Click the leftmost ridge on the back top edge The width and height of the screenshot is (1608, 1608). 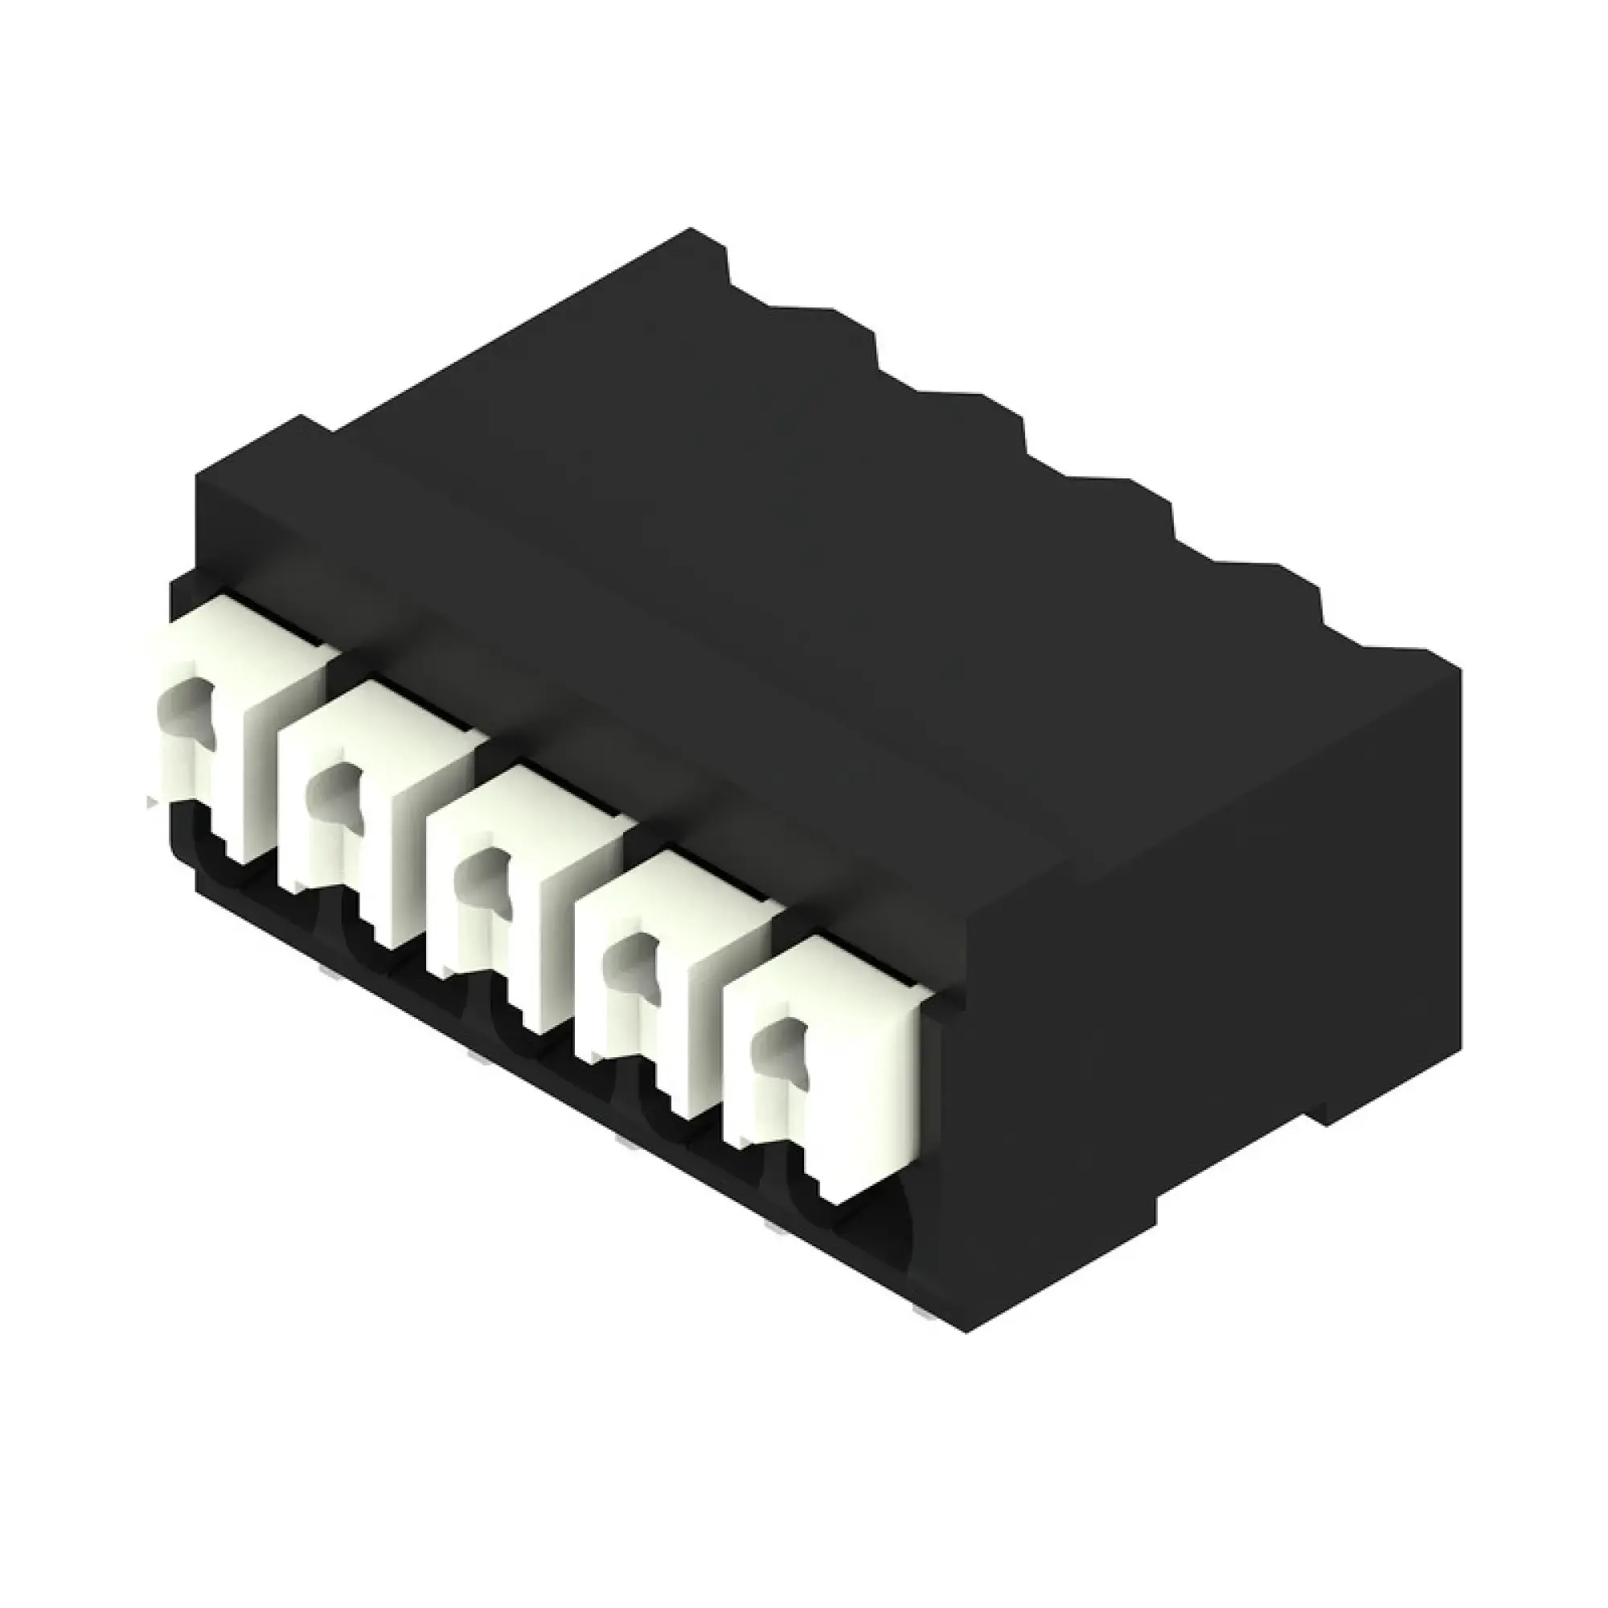click(x=708, y=250)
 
